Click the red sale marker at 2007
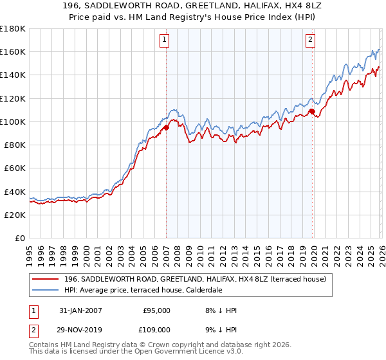click(x=166, y=127)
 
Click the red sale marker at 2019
click(x=312, y=111)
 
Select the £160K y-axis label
click(x=13, y=51)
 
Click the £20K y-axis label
click(x=15, y=215)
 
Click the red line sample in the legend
click(x=46, y=279)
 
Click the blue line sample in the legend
click(x=46, y=290)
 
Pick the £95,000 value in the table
click(x=156, y=310)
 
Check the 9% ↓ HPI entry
click(x=221, y=329)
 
